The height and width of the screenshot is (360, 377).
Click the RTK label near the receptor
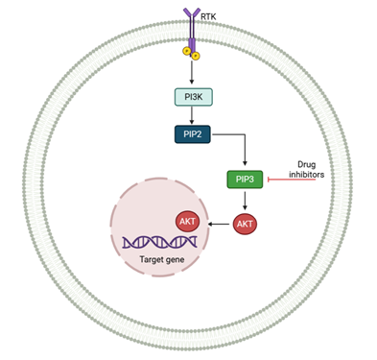208,16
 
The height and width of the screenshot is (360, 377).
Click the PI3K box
194,97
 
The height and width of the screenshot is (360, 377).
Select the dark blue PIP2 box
193,134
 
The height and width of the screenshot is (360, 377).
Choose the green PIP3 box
245,180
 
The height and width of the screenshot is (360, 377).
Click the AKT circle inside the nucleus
187,221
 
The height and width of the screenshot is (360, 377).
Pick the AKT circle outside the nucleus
245,224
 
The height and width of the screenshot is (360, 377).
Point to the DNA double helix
160,242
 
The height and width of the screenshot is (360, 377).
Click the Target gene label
162,259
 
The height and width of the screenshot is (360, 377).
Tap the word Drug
307,164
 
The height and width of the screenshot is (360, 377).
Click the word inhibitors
307,175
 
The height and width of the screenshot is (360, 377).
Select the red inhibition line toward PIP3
292,180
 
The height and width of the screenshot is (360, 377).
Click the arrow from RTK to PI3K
192,72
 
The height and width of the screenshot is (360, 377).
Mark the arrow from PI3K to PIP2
192,115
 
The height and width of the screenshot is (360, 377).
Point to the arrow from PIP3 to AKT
245,201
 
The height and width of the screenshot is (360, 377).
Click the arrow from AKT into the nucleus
219,224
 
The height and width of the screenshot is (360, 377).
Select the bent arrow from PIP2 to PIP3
245,134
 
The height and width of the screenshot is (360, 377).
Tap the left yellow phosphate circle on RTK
187,51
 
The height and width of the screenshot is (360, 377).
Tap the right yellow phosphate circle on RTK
196,56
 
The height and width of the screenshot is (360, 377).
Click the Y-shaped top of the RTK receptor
192,12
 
